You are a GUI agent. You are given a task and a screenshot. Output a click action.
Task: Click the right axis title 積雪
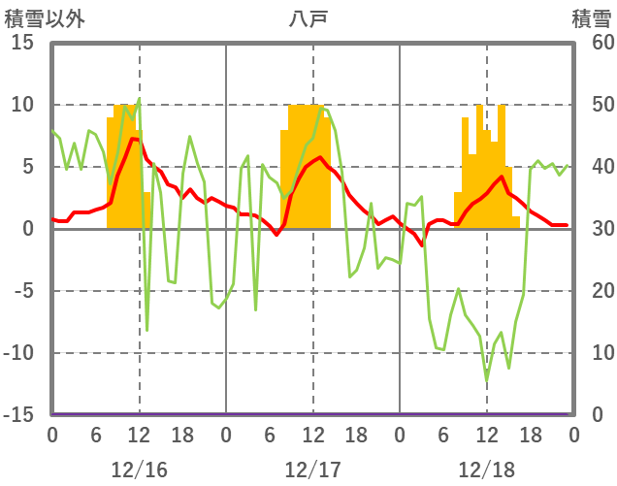(591, 18)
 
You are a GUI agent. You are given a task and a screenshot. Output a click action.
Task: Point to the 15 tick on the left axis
(23, 43)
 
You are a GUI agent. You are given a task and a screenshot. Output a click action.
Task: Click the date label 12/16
(139, 470)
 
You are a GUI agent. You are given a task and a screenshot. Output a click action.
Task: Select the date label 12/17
(312, 470)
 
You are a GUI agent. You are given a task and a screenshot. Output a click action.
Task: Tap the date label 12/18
(487, 470)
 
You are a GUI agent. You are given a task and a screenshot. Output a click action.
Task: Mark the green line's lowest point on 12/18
(487, 379)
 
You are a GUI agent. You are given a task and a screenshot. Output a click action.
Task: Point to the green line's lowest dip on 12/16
(146, 331)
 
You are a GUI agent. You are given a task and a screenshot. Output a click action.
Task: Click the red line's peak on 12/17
(320, 157)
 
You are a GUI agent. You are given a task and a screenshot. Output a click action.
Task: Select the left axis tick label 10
(23, 105)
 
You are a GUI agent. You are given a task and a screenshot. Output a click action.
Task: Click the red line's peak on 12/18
(501, 177)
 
